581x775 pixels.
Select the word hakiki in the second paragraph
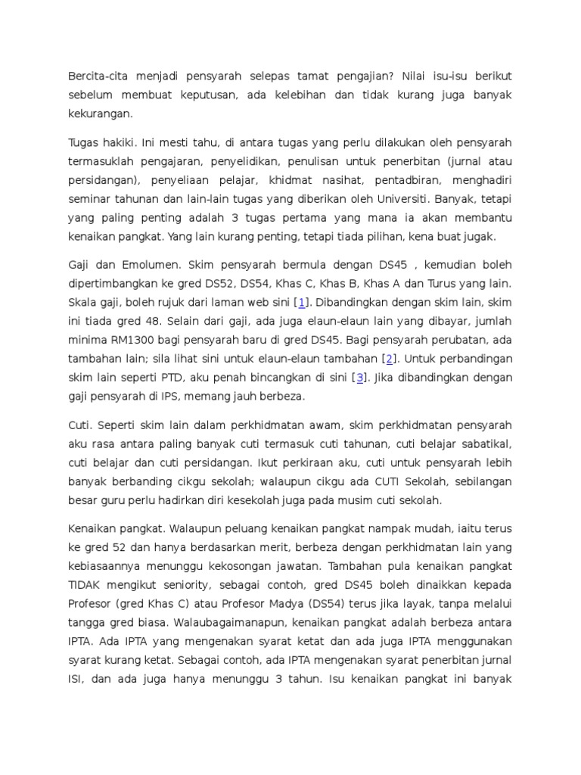pos(114,142)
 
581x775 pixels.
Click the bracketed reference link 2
pos(389,358)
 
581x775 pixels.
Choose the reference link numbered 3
pos(361,377)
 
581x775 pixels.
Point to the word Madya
pos(297,604)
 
